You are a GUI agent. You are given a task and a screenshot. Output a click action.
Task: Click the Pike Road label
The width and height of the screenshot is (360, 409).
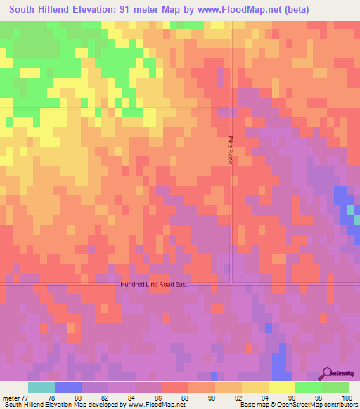(230, 150)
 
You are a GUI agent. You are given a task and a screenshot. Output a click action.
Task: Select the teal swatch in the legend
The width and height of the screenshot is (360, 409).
(41, 387)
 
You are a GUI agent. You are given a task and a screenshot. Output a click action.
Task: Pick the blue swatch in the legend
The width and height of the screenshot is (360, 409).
(68, 387)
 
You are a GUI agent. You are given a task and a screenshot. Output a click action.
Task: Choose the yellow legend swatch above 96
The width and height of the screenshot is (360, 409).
(281, 387)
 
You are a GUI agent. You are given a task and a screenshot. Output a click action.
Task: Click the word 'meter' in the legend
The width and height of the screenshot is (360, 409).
(11, 397)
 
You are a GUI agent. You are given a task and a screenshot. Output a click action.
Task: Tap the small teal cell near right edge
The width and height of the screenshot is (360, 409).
(351, 209)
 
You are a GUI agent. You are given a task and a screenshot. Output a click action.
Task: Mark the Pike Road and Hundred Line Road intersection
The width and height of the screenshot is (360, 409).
(231, 284)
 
